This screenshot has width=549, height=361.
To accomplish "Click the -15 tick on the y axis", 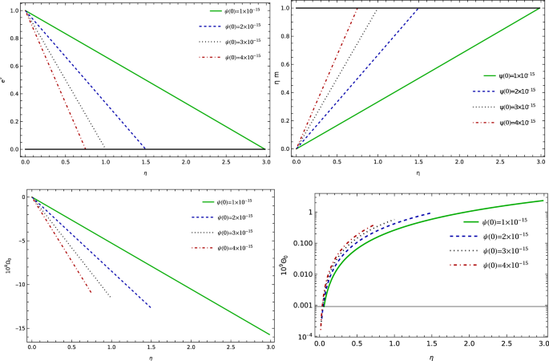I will (x=19, y=327).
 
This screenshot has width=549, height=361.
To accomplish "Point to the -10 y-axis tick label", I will (x=19, y=284).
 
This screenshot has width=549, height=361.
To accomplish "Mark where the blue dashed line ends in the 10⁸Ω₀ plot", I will (x=151, y=307).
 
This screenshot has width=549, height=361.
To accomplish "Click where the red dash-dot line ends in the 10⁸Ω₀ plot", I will (x=91, y=293).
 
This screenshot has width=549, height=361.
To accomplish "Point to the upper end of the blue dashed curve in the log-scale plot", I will (x=430, y=213).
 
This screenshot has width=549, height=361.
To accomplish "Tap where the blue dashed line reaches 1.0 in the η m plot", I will (x=418, y=9).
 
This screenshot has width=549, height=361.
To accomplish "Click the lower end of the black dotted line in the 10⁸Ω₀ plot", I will (x=111, y=298).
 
